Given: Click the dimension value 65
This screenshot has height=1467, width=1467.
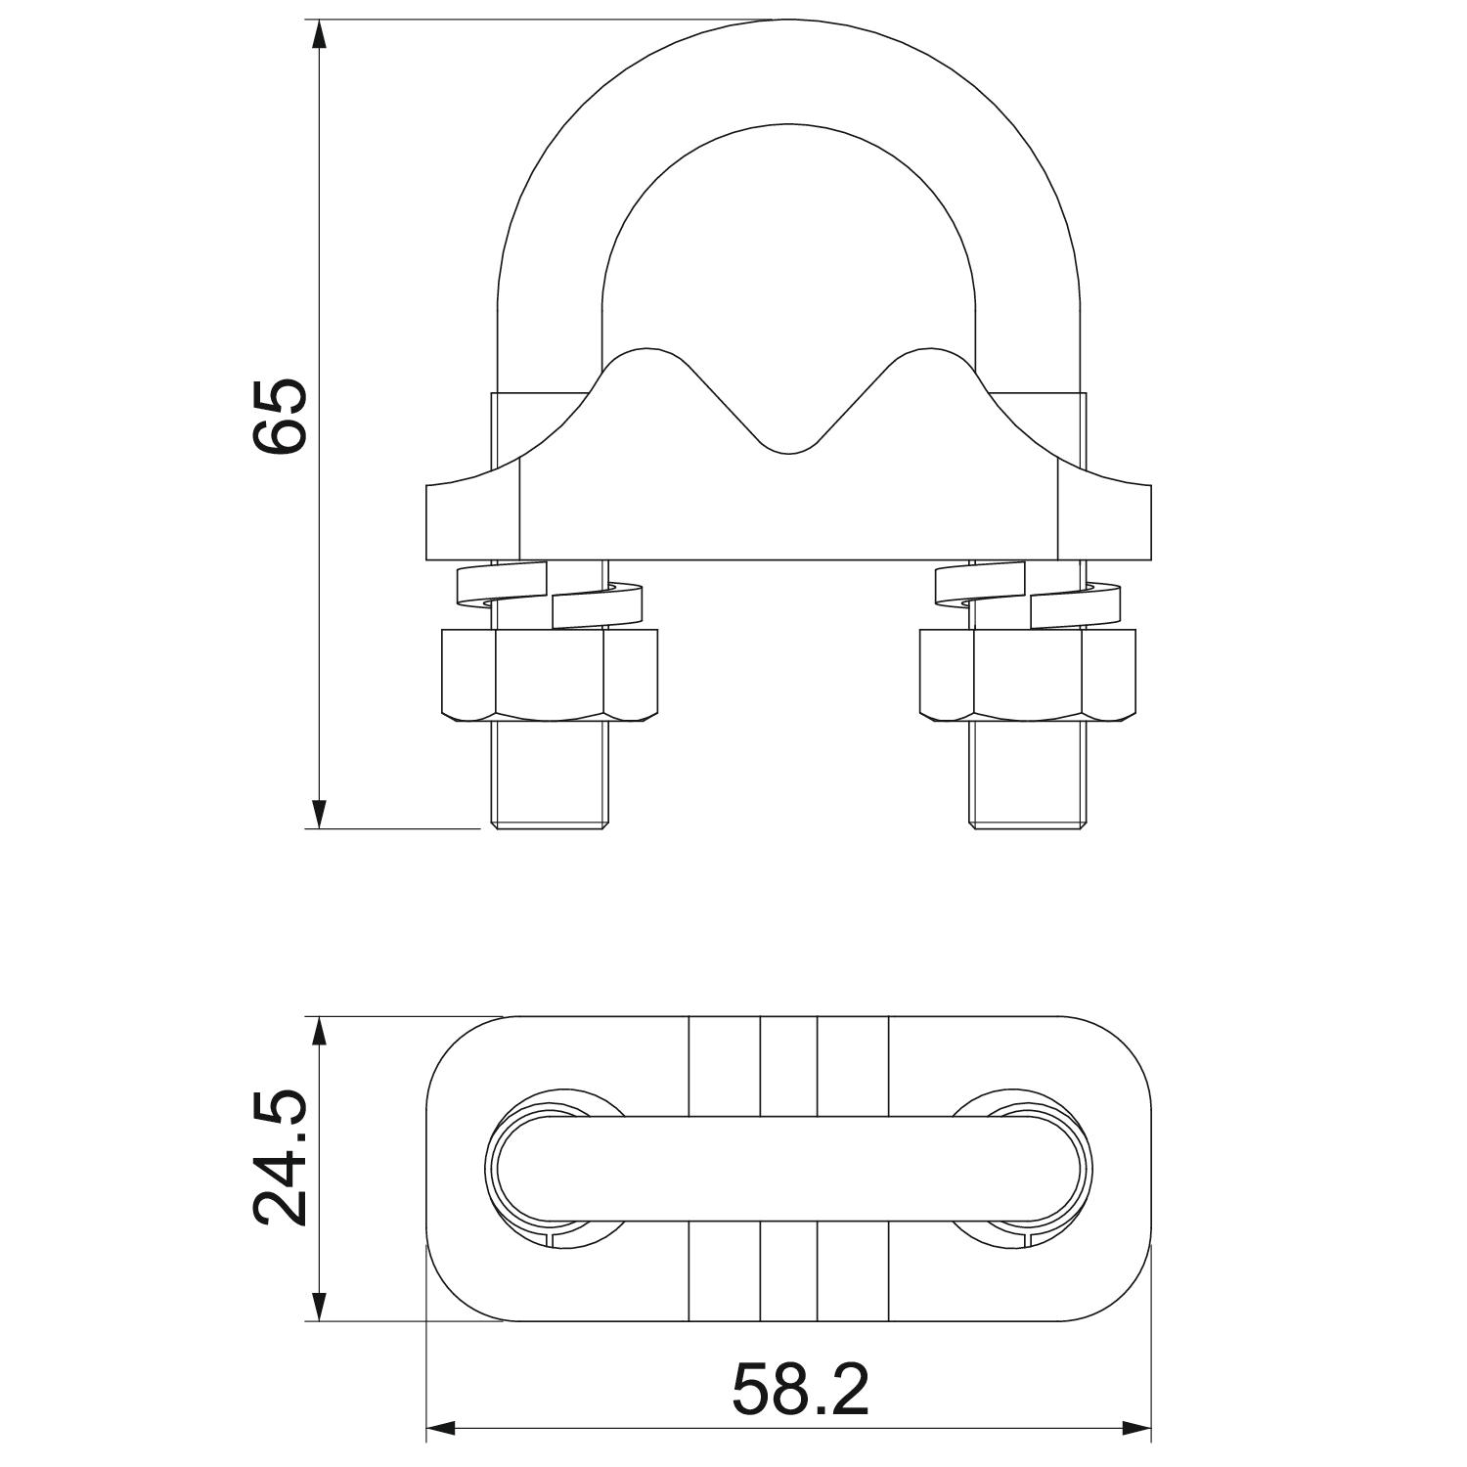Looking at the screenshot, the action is tap(280, 415).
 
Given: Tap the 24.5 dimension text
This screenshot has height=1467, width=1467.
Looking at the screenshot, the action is tap(280, 1160).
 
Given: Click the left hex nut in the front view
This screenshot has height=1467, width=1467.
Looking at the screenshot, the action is tap(550, 676).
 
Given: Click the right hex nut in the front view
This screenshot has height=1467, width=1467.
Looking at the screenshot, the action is tap(1028, 676).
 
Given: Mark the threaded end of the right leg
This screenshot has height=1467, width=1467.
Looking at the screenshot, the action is tap(1028, 778).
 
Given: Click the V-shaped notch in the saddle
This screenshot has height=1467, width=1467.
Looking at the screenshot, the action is tap(790, 430).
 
